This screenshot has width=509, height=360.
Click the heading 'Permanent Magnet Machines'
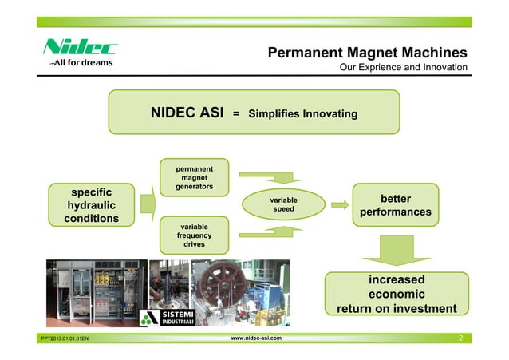[367, 53]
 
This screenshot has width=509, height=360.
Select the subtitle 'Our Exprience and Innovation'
[403, 68]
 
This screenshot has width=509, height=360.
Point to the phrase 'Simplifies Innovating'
[302, 114]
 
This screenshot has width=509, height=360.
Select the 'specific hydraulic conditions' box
[93, 204]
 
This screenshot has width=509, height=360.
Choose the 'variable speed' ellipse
[284, 204]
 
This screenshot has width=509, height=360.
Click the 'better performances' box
[396, 204]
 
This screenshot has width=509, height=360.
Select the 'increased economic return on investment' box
[396, 294]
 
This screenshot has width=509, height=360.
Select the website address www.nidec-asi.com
[255, 339]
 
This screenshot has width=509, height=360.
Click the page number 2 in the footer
[460, 339]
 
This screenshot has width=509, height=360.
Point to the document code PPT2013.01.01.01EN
[65, 340]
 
